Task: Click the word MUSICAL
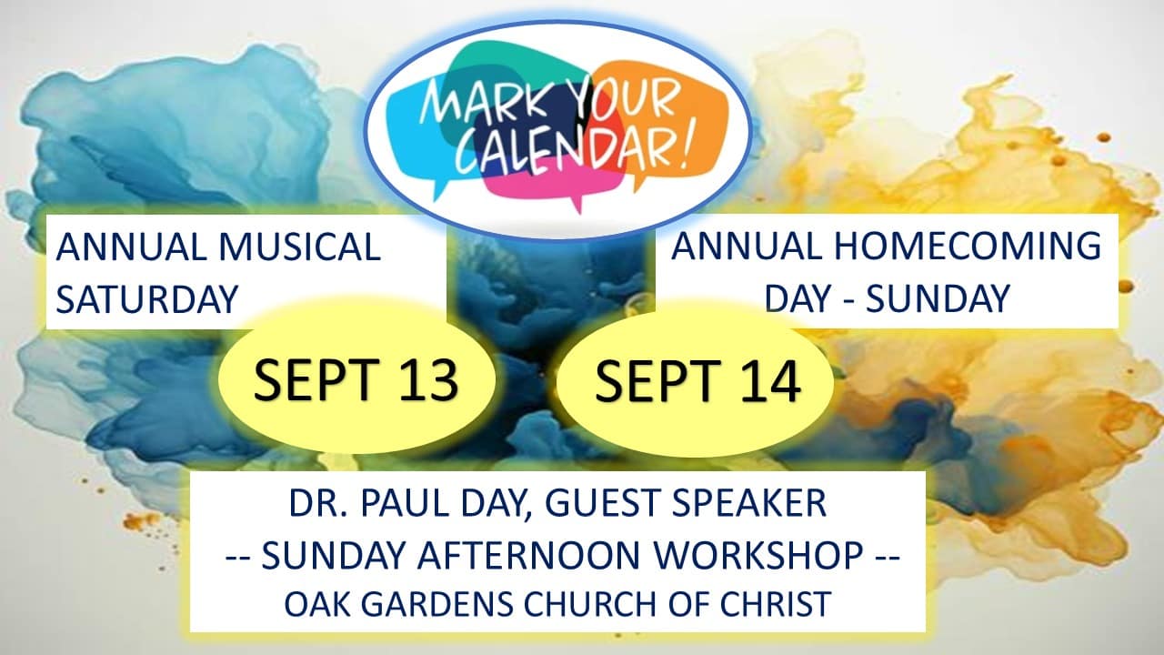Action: (x=300, y=247)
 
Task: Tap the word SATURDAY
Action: (x=147, y=299)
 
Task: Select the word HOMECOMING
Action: (x=968, y=246)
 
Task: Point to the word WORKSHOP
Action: (x=758, y=555)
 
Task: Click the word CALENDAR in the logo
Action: (x=565, y=154)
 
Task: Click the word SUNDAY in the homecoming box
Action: (x=938, y=298)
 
